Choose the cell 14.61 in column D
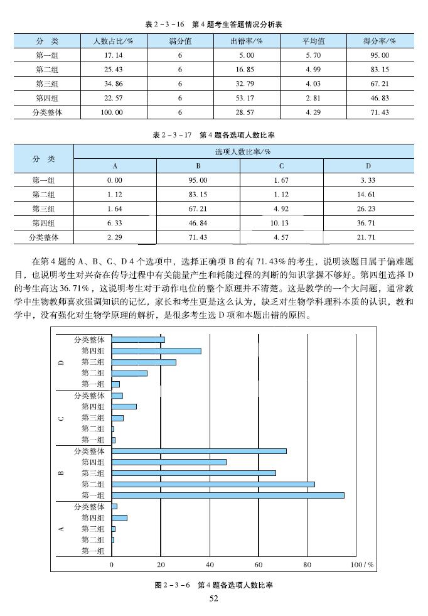point(368,194)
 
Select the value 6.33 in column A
point(114,223)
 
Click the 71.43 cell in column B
point(198,237)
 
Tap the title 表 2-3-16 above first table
point(213,24)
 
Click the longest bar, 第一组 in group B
point(228,495)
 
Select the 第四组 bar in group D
point(156,351)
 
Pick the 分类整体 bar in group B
point(199,451)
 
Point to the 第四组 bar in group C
point(124,406)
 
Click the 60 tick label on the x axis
point(259,565)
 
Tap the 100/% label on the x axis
point(363,565)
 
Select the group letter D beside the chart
point(61,362)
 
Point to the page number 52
point(213,599)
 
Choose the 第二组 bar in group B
point(213,484)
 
